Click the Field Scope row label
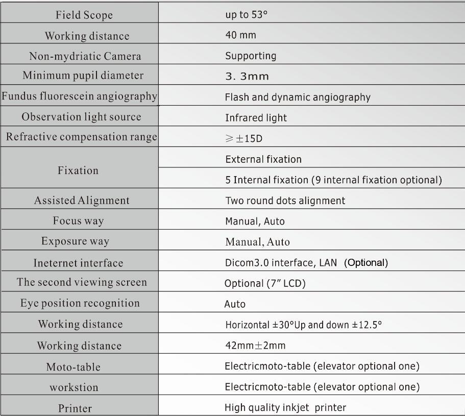click(x=84, y=15)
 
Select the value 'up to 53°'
click(x=247, y=14)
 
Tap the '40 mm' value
click(x=241, y=35)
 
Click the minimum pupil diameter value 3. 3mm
click(x=247, y=77)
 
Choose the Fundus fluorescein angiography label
click(x=79, y=96)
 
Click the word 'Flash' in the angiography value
click(x=236, y=97)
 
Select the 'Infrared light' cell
click(x=256, y=118)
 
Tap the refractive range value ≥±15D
click(x=243, y=138)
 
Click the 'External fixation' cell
click(x=263, y=159)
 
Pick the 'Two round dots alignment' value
click(x=285, y=201)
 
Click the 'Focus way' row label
click(x=79, y=221)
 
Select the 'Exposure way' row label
click(x=75, y=241)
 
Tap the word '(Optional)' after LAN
click(x=366, y=263)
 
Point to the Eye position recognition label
click(x=80, y=303)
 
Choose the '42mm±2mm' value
click(x=255, y=346)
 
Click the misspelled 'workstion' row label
click(x=74, y=387)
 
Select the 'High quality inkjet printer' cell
click(x=285, y=408)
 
